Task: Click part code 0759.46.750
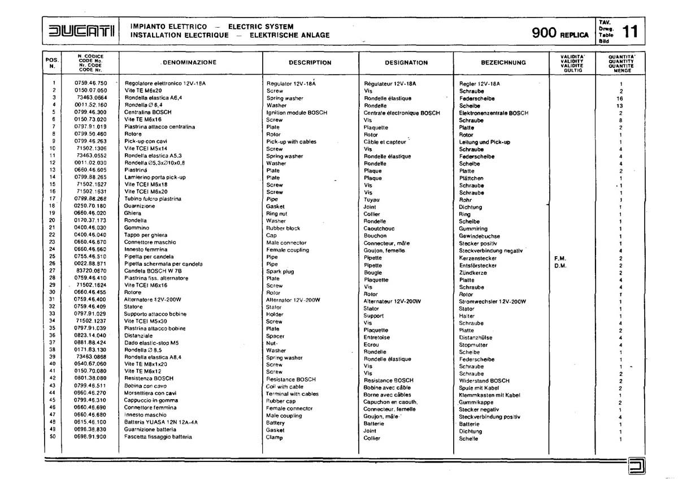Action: pos(90,83)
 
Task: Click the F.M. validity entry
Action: pos(560,258)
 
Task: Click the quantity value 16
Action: pos(620,98)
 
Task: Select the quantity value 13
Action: pos(620,106)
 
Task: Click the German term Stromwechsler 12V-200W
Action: pos(493,301)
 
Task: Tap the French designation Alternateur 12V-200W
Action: pos(392,301)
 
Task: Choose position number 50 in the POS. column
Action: pos(52,438)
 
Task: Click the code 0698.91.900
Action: pos(90,438)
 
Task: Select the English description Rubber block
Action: pos(283,228)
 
